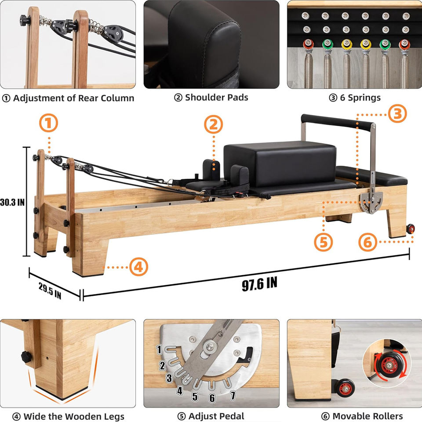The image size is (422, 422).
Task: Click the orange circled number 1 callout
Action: click(x=48, y=123)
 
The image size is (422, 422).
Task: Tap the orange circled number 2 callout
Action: click(x=214, y=124)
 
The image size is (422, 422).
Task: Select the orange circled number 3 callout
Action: click(x=397, y=113)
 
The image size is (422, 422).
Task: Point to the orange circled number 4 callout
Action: click(x=138, y=267)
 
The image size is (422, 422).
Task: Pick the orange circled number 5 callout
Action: click(x=323, y=242)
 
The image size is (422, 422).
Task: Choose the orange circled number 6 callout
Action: click(x=367, y=242)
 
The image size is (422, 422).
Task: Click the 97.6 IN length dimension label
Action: click(x=259, y=284)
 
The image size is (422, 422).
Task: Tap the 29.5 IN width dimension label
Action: click(x=50, y=291)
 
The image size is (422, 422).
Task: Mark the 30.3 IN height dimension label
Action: click(x=12, y=202)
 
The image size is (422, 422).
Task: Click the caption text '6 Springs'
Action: click(x=360, y=98)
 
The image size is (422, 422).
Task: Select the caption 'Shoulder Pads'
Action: click(x=217, y=98)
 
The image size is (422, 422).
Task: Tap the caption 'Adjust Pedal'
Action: click(x=216, y=416)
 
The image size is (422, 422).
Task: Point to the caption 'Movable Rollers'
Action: click(x=367, y=416)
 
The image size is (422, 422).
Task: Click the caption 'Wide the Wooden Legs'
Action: click(x=74, y=417)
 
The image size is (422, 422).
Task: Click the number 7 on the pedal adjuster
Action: click(x=233, y=395)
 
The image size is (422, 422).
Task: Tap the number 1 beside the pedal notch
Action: click(x=159, y=349)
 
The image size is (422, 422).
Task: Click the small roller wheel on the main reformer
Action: click(x=411, y=229)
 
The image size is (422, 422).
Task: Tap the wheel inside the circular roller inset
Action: click(x=389, y=365)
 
